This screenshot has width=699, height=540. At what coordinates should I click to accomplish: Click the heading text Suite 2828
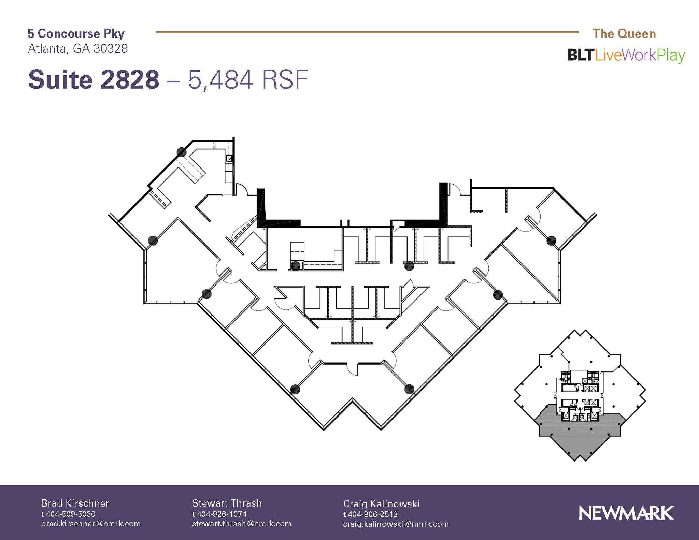(x=94, y=80)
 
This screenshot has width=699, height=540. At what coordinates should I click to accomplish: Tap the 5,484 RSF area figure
(x=248, y=80)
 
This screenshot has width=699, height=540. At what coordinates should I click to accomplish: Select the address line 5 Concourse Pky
(x=76, y=33)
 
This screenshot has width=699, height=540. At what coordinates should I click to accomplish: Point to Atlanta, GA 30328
(x=78, y=48)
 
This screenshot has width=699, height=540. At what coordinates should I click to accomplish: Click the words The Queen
(x=624, y=33)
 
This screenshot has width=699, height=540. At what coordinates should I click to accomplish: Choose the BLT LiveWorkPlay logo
(x=626, y=55)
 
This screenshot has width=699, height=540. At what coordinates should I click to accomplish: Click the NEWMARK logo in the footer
(x=626, y=513)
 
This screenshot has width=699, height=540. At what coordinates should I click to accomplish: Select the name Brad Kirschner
(x=75, y=503)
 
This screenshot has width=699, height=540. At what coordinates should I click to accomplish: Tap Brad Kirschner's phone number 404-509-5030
(x=71, y=514)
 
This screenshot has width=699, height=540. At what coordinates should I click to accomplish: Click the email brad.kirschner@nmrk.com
(x=91, y=524)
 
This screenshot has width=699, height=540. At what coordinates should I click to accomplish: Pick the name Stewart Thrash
(x=227, y=503)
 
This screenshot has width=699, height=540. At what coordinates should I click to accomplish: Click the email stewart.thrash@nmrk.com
(x=242, y=524)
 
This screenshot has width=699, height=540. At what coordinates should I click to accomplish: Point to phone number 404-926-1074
(x=222, y=514)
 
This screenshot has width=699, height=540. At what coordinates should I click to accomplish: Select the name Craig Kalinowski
(x=381, y=503)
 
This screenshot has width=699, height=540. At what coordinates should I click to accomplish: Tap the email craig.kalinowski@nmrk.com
(x=396, y=524)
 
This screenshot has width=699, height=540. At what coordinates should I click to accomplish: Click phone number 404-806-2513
(x=373, y=514)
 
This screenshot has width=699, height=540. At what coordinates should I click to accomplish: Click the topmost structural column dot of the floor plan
(x=182, y=152)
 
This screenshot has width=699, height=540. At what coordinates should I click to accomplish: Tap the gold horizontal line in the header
(x=367, y=32)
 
